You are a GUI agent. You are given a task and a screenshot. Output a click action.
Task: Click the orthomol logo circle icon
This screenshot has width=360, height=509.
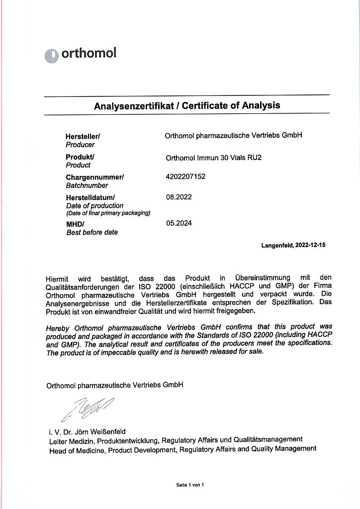(52, 55)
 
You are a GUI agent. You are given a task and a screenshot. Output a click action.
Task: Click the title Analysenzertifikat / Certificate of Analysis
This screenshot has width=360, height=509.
(187, 105)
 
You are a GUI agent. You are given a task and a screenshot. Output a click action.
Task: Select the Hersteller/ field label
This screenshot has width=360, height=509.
(83, 136)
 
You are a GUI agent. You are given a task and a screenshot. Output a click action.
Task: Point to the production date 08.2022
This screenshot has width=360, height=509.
(179, 197)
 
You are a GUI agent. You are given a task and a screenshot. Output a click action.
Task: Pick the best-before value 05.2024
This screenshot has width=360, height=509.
(179, 223)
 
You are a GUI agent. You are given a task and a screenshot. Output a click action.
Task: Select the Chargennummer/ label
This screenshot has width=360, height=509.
(94, 177)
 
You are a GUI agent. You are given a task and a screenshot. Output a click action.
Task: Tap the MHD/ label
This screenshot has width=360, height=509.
(75, 224)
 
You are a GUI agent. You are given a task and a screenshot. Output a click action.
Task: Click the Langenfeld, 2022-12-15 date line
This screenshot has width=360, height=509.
(293, 246)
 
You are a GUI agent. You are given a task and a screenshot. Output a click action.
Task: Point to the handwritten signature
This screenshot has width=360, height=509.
(89, 408)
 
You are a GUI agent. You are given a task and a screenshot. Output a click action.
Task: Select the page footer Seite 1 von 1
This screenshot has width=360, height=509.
(190, 485)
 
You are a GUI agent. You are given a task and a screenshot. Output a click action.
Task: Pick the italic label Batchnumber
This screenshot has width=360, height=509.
(87, 185)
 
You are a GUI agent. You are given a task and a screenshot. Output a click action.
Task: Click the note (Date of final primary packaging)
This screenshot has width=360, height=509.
(108, 213)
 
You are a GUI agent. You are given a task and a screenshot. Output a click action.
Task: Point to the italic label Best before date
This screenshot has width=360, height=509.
(92, 232)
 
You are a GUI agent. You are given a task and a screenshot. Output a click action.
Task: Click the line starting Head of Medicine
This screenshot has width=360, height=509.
(182, 448)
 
